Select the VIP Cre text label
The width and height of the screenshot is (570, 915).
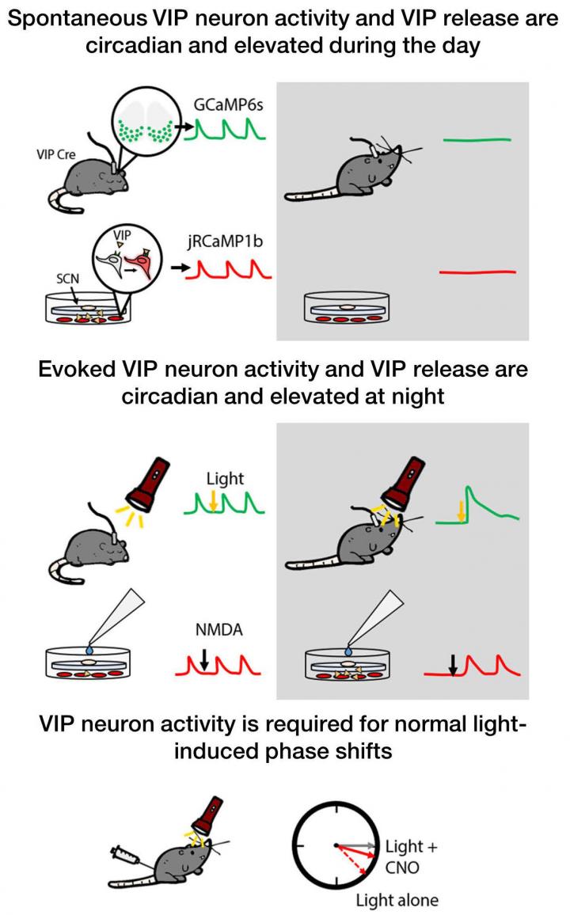(x=56, y=155)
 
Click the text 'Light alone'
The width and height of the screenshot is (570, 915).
(x=396, y=900)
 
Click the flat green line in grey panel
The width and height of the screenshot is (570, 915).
(x=477, y=140)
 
